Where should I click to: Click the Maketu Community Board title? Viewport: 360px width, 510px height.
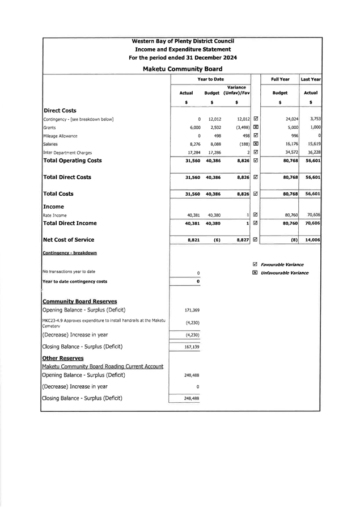tap(183, 69)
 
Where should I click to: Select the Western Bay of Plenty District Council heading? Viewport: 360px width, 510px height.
tap(183, 41)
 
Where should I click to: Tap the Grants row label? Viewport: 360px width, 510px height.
tap(50, 128)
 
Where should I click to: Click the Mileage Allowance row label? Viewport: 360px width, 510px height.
tap(60, 136)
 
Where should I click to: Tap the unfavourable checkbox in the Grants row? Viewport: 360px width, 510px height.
tap(256, 128)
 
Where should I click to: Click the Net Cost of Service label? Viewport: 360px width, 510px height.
tap(69, 240)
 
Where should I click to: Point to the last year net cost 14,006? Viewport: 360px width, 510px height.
tap(312, 240)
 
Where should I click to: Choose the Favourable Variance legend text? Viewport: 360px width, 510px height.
tap(282, 265)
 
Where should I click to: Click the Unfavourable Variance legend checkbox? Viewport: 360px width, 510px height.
tap(255, 273)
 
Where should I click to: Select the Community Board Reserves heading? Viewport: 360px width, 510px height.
tap(80, 301)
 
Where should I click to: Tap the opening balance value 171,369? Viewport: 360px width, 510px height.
tap(192, 310)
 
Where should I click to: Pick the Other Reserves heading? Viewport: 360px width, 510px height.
tap(63, 358)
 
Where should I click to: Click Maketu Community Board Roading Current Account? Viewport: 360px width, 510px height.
tap(103, 366)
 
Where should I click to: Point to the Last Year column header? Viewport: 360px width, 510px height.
tap(311, 79)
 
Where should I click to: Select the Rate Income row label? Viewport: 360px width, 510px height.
tap(55, 216)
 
